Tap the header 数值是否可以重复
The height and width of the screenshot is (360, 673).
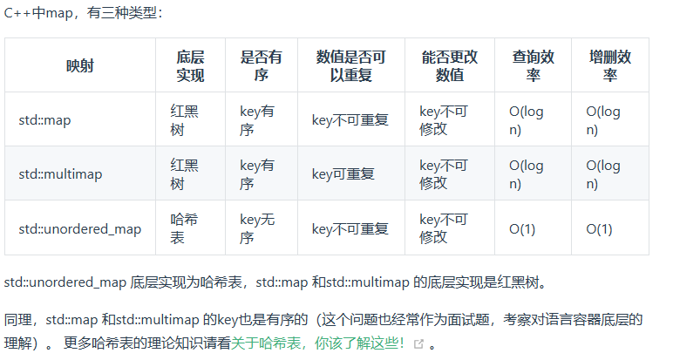[x=350, y=66]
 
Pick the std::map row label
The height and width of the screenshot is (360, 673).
[x=44, y=119]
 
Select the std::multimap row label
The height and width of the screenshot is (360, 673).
[x=60, y=173]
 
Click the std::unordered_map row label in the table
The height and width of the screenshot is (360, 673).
[x=79, y=228]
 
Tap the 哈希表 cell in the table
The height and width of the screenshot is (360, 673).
[x=184, y=228]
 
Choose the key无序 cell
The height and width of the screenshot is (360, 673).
[x=257, y=228]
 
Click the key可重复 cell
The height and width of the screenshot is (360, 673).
[x=343, y=173]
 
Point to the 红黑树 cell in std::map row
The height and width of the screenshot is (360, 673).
[x=184, y=119]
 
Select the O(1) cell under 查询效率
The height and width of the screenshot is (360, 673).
[x=522, y=228]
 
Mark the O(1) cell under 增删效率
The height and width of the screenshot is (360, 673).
[x=599, y=228]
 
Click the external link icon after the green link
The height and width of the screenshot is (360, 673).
[x=418, y=344]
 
